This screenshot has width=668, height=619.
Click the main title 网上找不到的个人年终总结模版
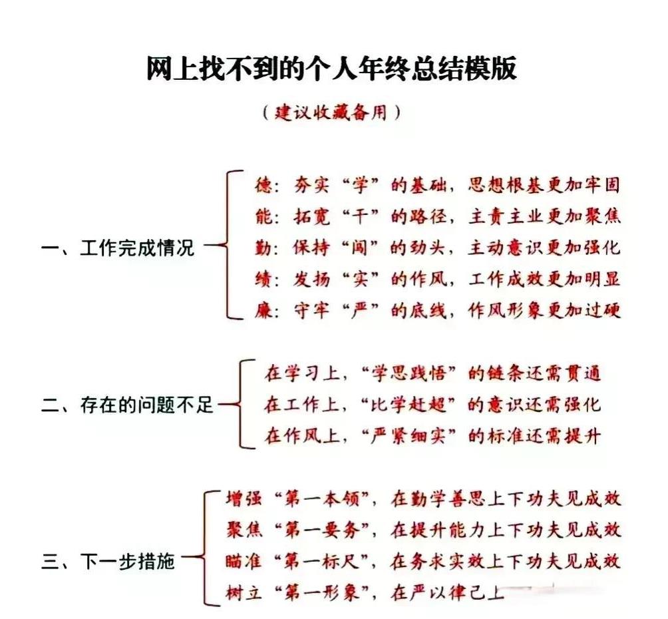[331, 69]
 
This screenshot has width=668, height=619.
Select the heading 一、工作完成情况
[118, 249]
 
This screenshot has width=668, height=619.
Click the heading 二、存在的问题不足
[128, 404]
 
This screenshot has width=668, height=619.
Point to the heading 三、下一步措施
[108, 562]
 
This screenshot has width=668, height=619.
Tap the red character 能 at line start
[263, 217]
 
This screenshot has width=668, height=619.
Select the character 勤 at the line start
[263, 248]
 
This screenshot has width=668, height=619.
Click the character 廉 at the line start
[263, 310]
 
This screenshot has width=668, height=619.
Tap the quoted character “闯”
[360, 248]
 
